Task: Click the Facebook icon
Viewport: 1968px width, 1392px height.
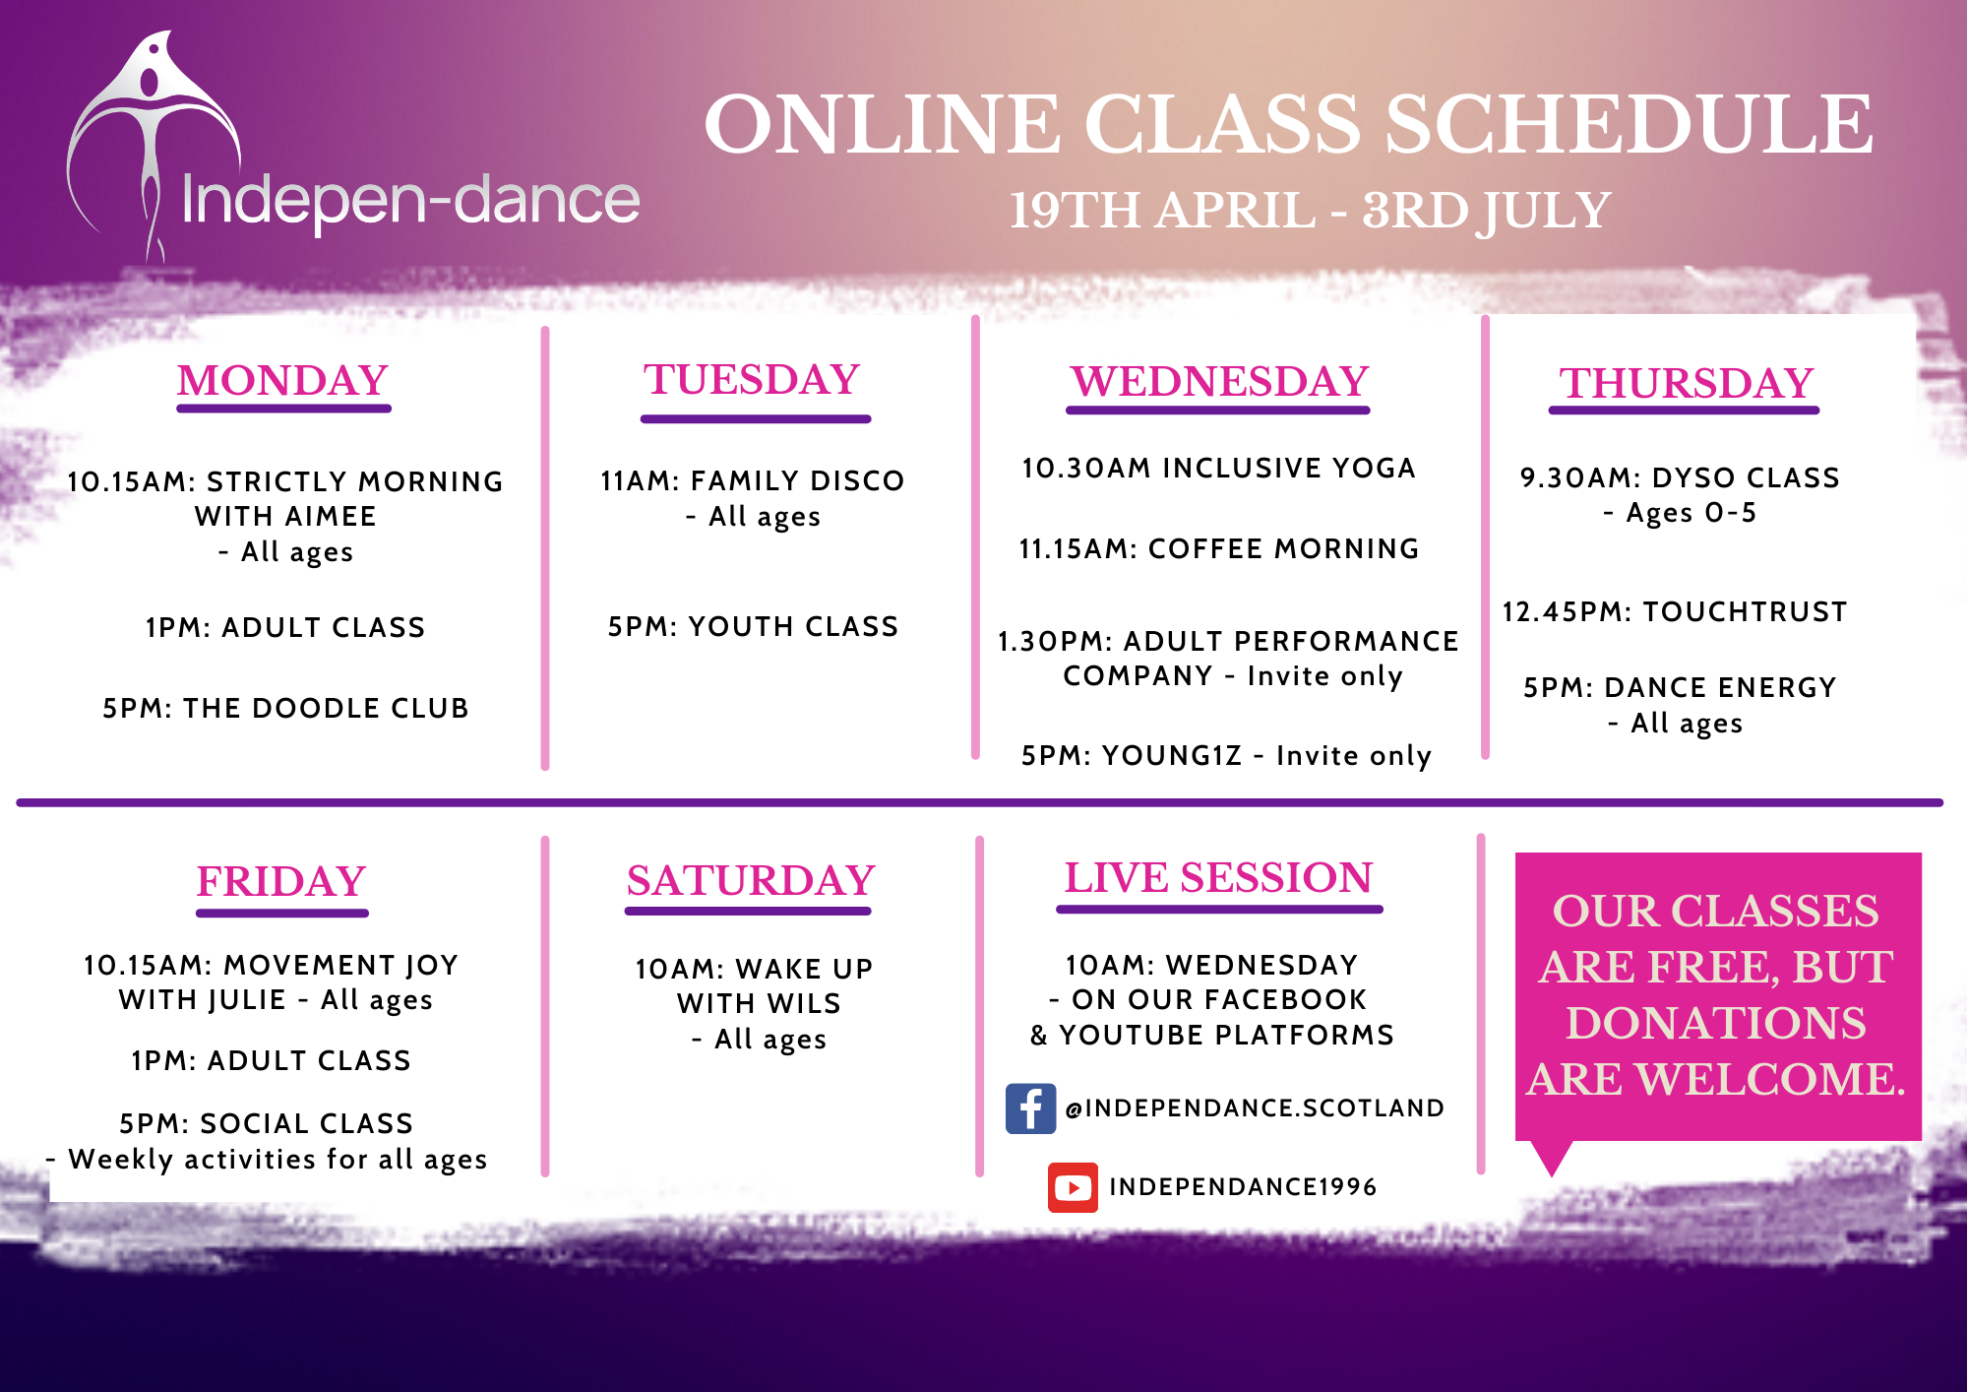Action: (1030, 1108)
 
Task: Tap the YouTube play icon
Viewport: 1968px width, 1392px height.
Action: (1073, 1187)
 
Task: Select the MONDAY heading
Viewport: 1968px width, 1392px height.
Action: (283, 380)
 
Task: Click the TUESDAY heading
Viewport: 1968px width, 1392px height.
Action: (753, 379)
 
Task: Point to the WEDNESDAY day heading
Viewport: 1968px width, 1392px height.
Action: (1220, 381)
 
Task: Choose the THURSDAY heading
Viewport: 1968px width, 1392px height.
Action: (1686, 383)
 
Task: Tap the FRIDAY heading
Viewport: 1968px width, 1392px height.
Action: (281, 881)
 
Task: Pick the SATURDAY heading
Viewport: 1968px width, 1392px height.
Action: (751, 880)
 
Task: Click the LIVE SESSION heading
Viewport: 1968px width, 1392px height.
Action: (1218, 877)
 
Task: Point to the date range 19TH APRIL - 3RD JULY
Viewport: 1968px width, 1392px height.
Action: (1310, 211)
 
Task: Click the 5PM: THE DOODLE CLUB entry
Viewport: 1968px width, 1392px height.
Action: (285, 708)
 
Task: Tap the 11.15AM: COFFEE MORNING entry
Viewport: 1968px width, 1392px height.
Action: (1219, 548)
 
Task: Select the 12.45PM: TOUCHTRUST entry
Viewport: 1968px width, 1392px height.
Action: (1675, 611)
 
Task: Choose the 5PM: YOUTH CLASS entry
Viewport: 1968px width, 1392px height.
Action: (753, 626)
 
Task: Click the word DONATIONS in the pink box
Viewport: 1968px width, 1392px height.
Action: (1716, 1023)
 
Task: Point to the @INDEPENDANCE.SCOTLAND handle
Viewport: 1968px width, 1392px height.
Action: (1255, 1108)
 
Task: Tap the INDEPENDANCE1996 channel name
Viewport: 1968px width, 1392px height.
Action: (1243, 1187)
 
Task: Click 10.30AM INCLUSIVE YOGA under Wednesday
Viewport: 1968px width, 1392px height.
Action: (1219, 468)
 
